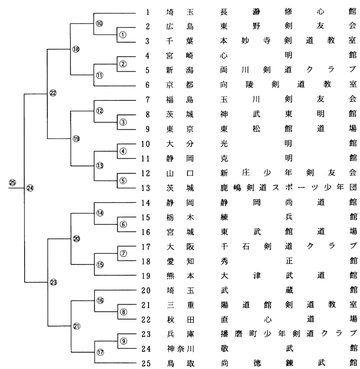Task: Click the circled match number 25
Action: click(13, 184)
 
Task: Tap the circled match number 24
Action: click(30, 188)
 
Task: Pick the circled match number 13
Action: click(99, 165)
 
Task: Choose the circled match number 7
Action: click(122, 253)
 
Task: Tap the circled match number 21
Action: click(76, 326)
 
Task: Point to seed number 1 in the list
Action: click(147, 10)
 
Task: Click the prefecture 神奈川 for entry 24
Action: click(178, 350)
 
